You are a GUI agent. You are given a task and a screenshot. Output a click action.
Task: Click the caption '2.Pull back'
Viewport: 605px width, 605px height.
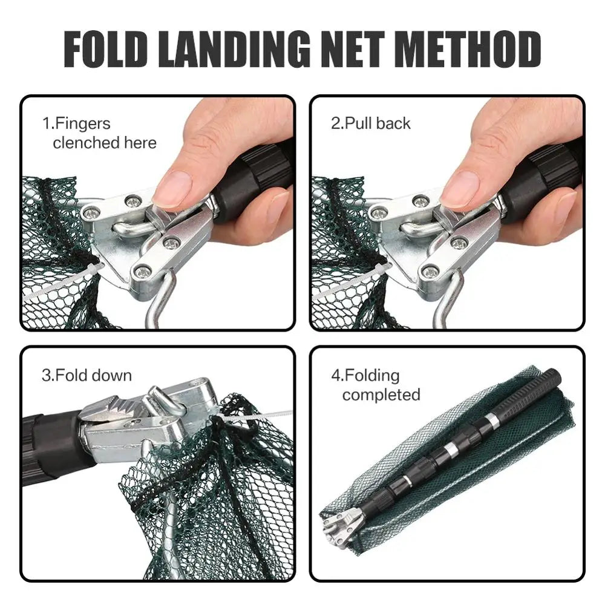pyautogui.click(x=370, y=123)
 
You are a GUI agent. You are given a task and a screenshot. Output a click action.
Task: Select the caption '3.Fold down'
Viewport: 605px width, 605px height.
pyautogui.click(x=87, y=375)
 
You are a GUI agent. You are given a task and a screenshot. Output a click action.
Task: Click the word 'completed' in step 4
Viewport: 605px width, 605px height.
pyautogui.click(x=381, y=395)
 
